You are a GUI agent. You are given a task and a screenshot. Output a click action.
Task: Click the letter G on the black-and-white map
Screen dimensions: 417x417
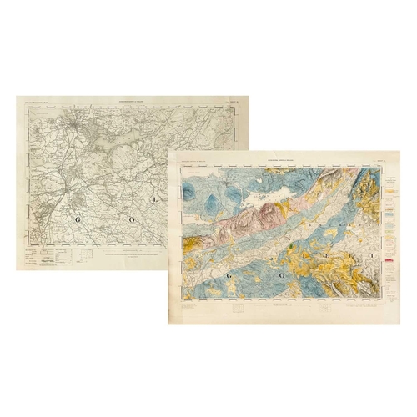(79, 219)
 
